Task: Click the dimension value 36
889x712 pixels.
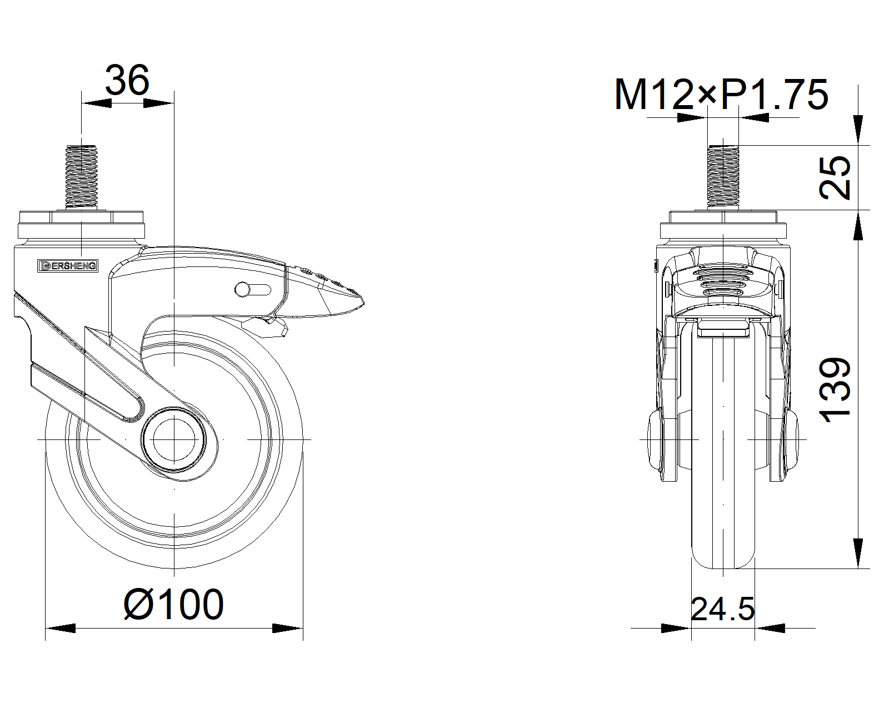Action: click(127, 80)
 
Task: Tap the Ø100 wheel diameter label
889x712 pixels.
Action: click(173, 605)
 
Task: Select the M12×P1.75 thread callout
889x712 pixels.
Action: click(721, 95)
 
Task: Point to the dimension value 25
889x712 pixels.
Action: click(835, 177)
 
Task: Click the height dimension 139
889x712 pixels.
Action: click(835, 390)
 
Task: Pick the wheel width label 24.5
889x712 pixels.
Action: click(722, 609)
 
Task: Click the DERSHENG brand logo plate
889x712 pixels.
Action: click(68, 265)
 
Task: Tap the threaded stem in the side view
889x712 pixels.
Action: click(81, 176)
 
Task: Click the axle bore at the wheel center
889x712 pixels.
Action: click(174, 440)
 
